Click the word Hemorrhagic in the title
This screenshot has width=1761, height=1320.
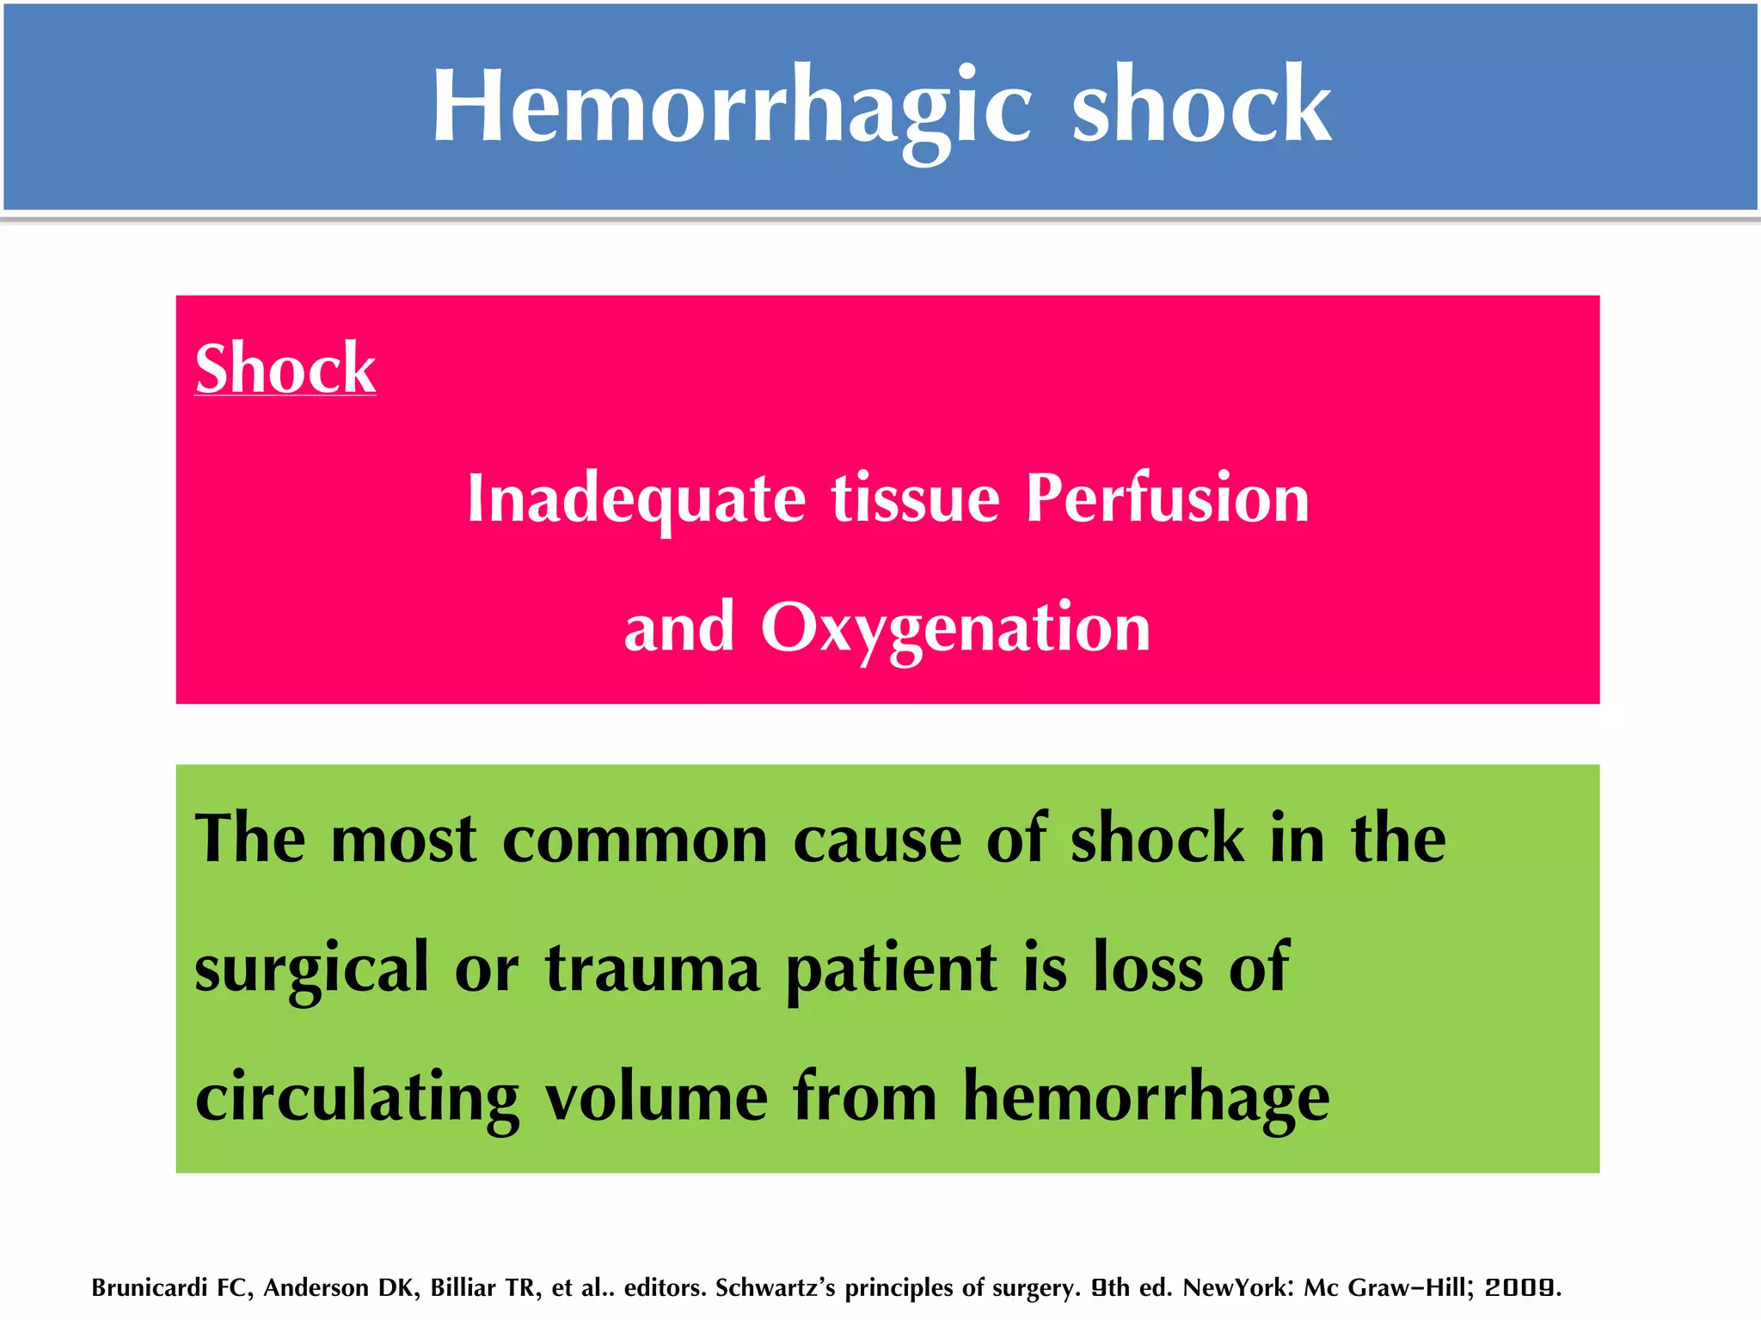[x=731, y=107]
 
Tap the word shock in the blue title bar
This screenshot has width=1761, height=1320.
[x=1201, y=107]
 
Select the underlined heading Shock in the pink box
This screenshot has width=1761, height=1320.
[x=285, y=369]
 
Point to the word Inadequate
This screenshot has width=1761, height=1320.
[x=636, y=499]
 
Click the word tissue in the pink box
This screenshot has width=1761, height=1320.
[x=916, y=499]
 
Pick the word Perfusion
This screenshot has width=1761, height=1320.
[x=1168, y=499]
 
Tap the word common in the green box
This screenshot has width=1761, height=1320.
[x=635, y=840]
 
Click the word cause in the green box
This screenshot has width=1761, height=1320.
[x=877, y=840]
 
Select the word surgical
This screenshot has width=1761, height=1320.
[x=311, y=969]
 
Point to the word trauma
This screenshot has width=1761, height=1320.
[x=653, y=969]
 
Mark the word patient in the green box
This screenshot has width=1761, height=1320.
[x=892, y=969]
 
